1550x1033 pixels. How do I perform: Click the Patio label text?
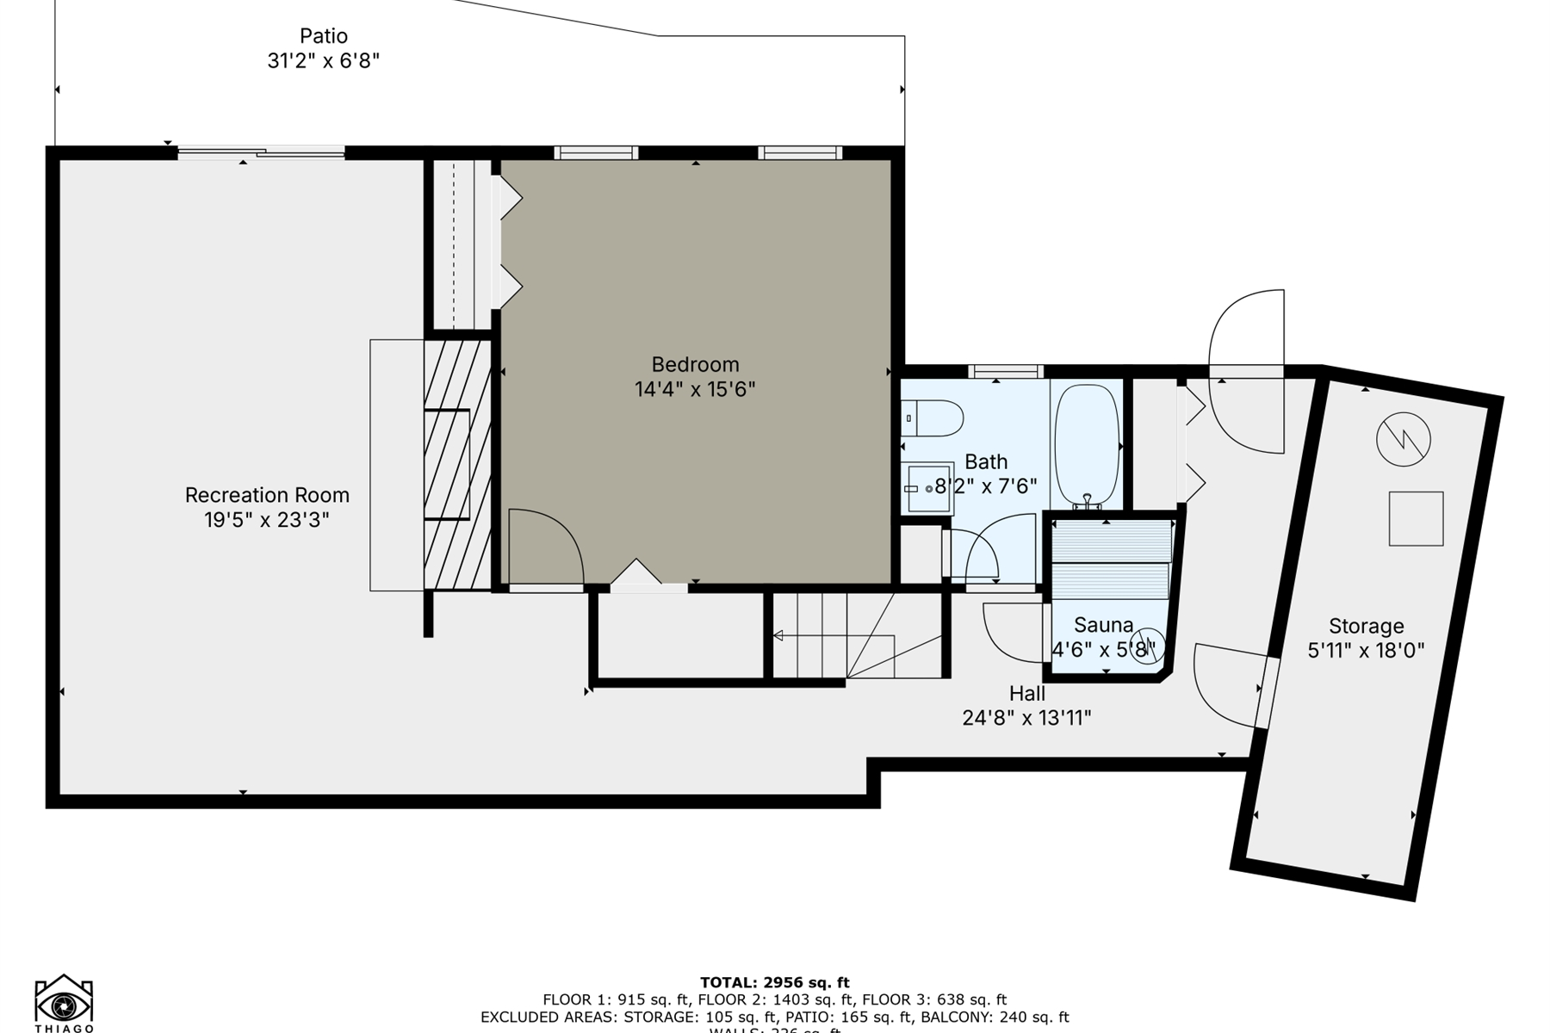[x=324, y=36]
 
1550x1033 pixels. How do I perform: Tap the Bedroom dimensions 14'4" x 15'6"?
[x=695, y=389]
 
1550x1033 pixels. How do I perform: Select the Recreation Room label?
[x=267, y=495]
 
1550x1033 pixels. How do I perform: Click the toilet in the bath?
[x=934, y=418]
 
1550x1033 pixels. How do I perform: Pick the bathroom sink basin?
[x=929, y=488]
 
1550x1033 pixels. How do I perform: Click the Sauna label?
[x=1103, y=625]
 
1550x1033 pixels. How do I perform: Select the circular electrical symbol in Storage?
[x=1403, y=440]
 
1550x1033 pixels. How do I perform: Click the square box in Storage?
[x=1416, y=518]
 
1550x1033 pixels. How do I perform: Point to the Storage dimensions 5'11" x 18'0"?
[x=1366, y=651]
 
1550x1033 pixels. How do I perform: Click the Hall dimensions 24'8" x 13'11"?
[x=1026, y=717]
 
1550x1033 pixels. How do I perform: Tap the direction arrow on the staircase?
[x=778, y=635]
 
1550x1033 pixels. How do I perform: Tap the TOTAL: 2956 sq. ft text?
[x=774, y=982]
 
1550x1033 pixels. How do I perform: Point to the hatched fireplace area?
[x=457, y=465]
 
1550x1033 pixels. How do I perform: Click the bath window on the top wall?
[x=1005, y=372]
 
